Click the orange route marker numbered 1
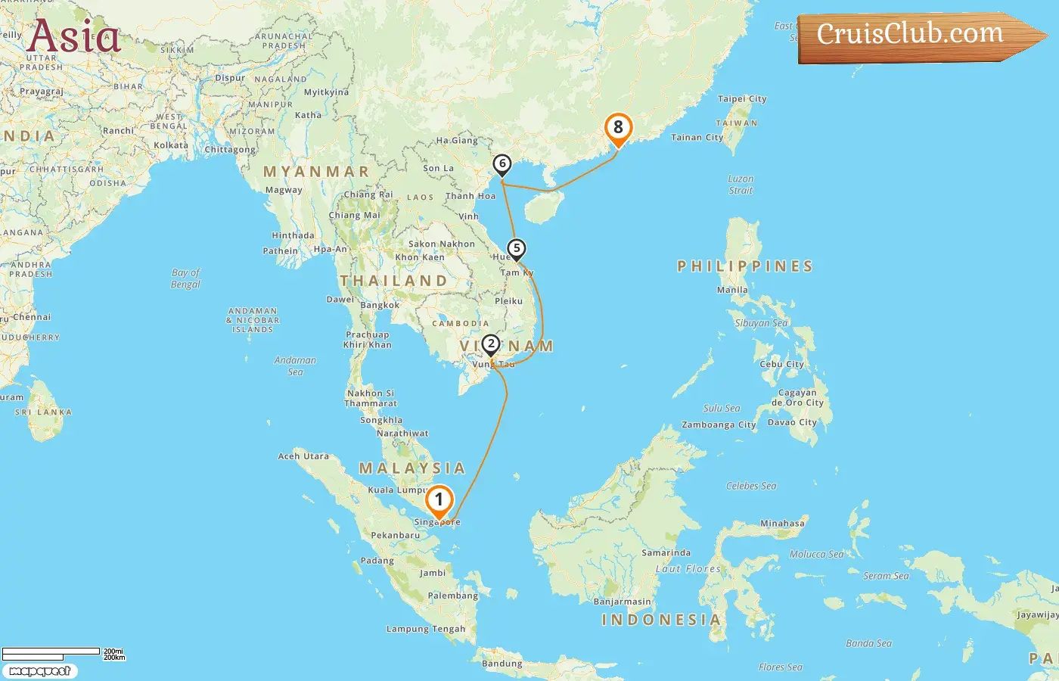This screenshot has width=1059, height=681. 439,501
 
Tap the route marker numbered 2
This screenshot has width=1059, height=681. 491,344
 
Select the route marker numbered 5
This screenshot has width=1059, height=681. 517,248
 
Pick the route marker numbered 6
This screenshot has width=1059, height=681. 502,163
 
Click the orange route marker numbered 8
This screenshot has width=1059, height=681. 618,128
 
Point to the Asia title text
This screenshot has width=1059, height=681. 73,36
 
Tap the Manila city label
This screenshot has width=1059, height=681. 732,290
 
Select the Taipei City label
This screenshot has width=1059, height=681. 742,99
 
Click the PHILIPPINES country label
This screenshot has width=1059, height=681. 745,266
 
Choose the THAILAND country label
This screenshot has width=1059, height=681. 393,281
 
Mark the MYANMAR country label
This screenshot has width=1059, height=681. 316,172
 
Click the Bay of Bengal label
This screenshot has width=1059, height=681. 185,278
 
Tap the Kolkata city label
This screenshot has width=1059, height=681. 171,145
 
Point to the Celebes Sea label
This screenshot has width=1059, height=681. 751,486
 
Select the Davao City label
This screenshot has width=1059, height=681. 792,422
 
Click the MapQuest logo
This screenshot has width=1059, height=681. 39,670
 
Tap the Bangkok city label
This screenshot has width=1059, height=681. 380,306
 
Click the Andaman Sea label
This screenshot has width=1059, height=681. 295,366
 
